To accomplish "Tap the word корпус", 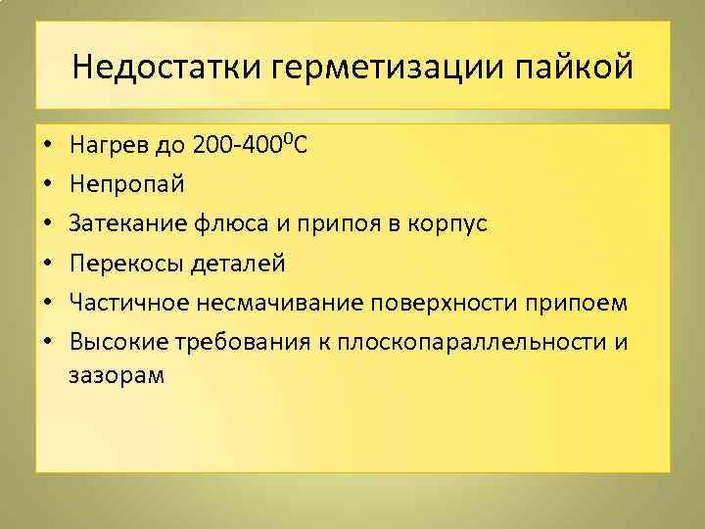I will tap(453, 224).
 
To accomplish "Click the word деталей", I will tap(239, 263).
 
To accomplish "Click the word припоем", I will tap(576, 301).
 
